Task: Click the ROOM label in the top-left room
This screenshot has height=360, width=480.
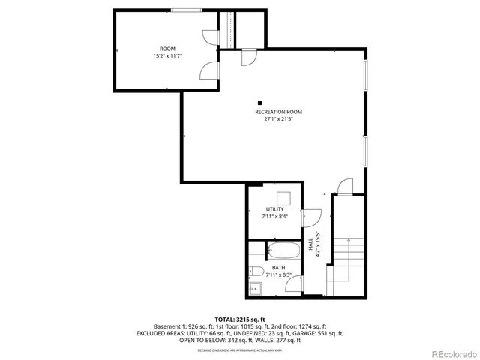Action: (167, 49)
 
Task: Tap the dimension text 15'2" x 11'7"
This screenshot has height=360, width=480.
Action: (167, 56)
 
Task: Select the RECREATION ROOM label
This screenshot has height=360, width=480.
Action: (278, 112)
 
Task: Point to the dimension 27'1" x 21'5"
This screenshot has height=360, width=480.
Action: (278, 119)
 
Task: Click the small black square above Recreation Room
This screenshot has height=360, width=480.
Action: (259, 103)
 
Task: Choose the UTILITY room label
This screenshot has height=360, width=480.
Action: (274, 209)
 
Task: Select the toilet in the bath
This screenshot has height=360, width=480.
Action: (256, 272)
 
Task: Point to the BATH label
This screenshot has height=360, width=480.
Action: (278, 268)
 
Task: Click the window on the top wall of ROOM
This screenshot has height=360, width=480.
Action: (185, 10)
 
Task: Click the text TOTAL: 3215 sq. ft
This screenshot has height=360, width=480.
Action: (239, 319)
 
